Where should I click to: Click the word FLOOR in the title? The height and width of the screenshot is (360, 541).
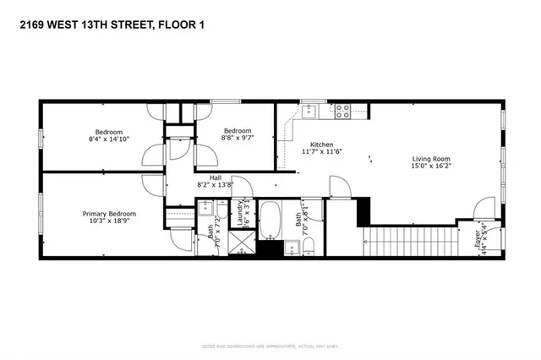point(174,25)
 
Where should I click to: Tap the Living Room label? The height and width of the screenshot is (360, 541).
point(430,159)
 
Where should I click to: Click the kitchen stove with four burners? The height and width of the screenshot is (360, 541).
point(342,109)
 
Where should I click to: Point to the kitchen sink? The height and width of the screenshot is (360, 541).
point(309,109)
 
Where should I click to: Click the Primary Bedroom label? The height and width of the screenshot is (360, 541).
point(109,214)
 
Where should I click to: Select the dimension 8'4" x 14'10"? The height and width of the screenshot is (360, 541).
point(109,140)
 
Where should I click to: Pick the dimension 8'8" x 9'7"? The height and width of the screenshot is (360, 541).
point(237,139)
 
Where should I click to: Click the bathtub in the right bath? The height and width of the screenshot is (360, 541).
point(271,220)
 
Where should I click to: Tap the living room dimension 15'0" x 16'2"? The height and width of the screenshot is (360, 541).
point(430,167)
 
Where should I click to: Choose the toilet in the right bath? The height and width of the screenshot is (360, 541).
point(309,247)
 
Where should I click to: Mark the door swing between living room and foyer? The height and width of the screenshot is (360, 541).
point(485,208)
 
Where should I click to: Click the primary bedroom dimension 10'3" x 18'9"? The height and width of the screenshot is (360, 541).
point(109,222)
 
